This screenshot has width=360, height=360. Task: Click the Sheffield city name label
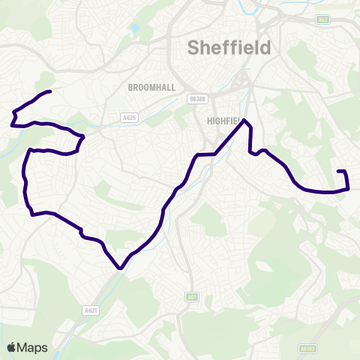(229, 48)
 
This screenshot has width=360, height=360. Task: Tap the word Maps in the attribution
(33, 347)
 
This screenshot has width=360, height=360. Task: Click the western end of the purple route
(49, 91)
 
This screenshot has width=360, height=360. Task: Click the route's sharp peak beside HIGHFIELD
(244, 120)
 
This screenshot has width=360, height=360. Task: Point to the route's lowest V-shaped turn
(120, 267)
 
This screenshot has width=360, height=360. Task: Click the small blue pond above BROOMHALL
(135, 28)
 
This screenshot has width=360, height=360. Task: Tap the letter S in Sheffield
(193, 48)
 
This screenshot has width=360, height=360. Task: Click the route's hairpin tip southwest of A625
(82, 138)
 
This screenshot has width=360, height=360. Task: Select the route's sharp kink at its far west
(13, 112)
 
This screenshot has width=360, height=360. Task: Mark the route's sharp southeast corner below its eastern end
(349, 188)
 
